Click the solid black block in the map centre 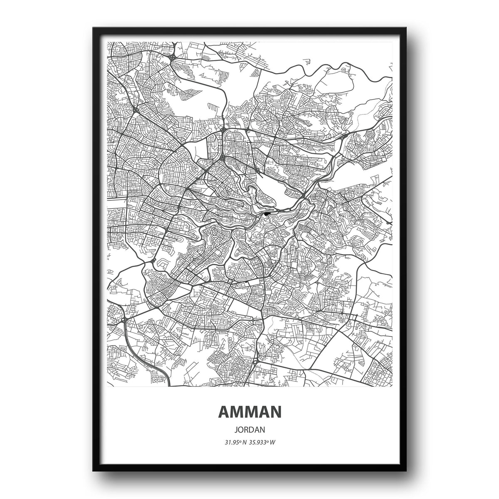click(x=267, y=214)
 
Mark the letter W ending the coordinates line click(x=273, y=442)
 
